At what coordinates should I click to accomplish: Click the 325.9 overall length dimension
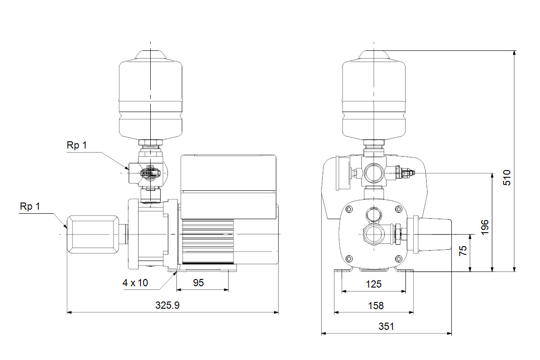[167, 305]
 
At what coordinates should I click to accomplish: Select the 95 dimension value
[198, 283]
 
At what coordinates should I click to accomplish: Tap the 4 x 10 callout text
[135, 283]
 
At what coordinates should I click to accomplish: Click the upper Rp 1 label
[76, 145]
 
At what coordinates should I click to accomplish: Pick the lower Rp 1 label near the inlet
[30, 207]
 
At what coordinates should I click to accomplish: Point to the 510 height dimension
[507, 178]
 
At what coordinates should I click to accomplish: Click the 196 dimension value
[485, 227]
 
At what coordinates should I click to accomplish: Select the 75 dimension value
[463, 251]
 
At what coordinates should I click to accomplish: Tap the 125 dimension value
[373, 284]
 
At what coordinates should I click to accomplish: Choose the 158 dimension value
[376, 306]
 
